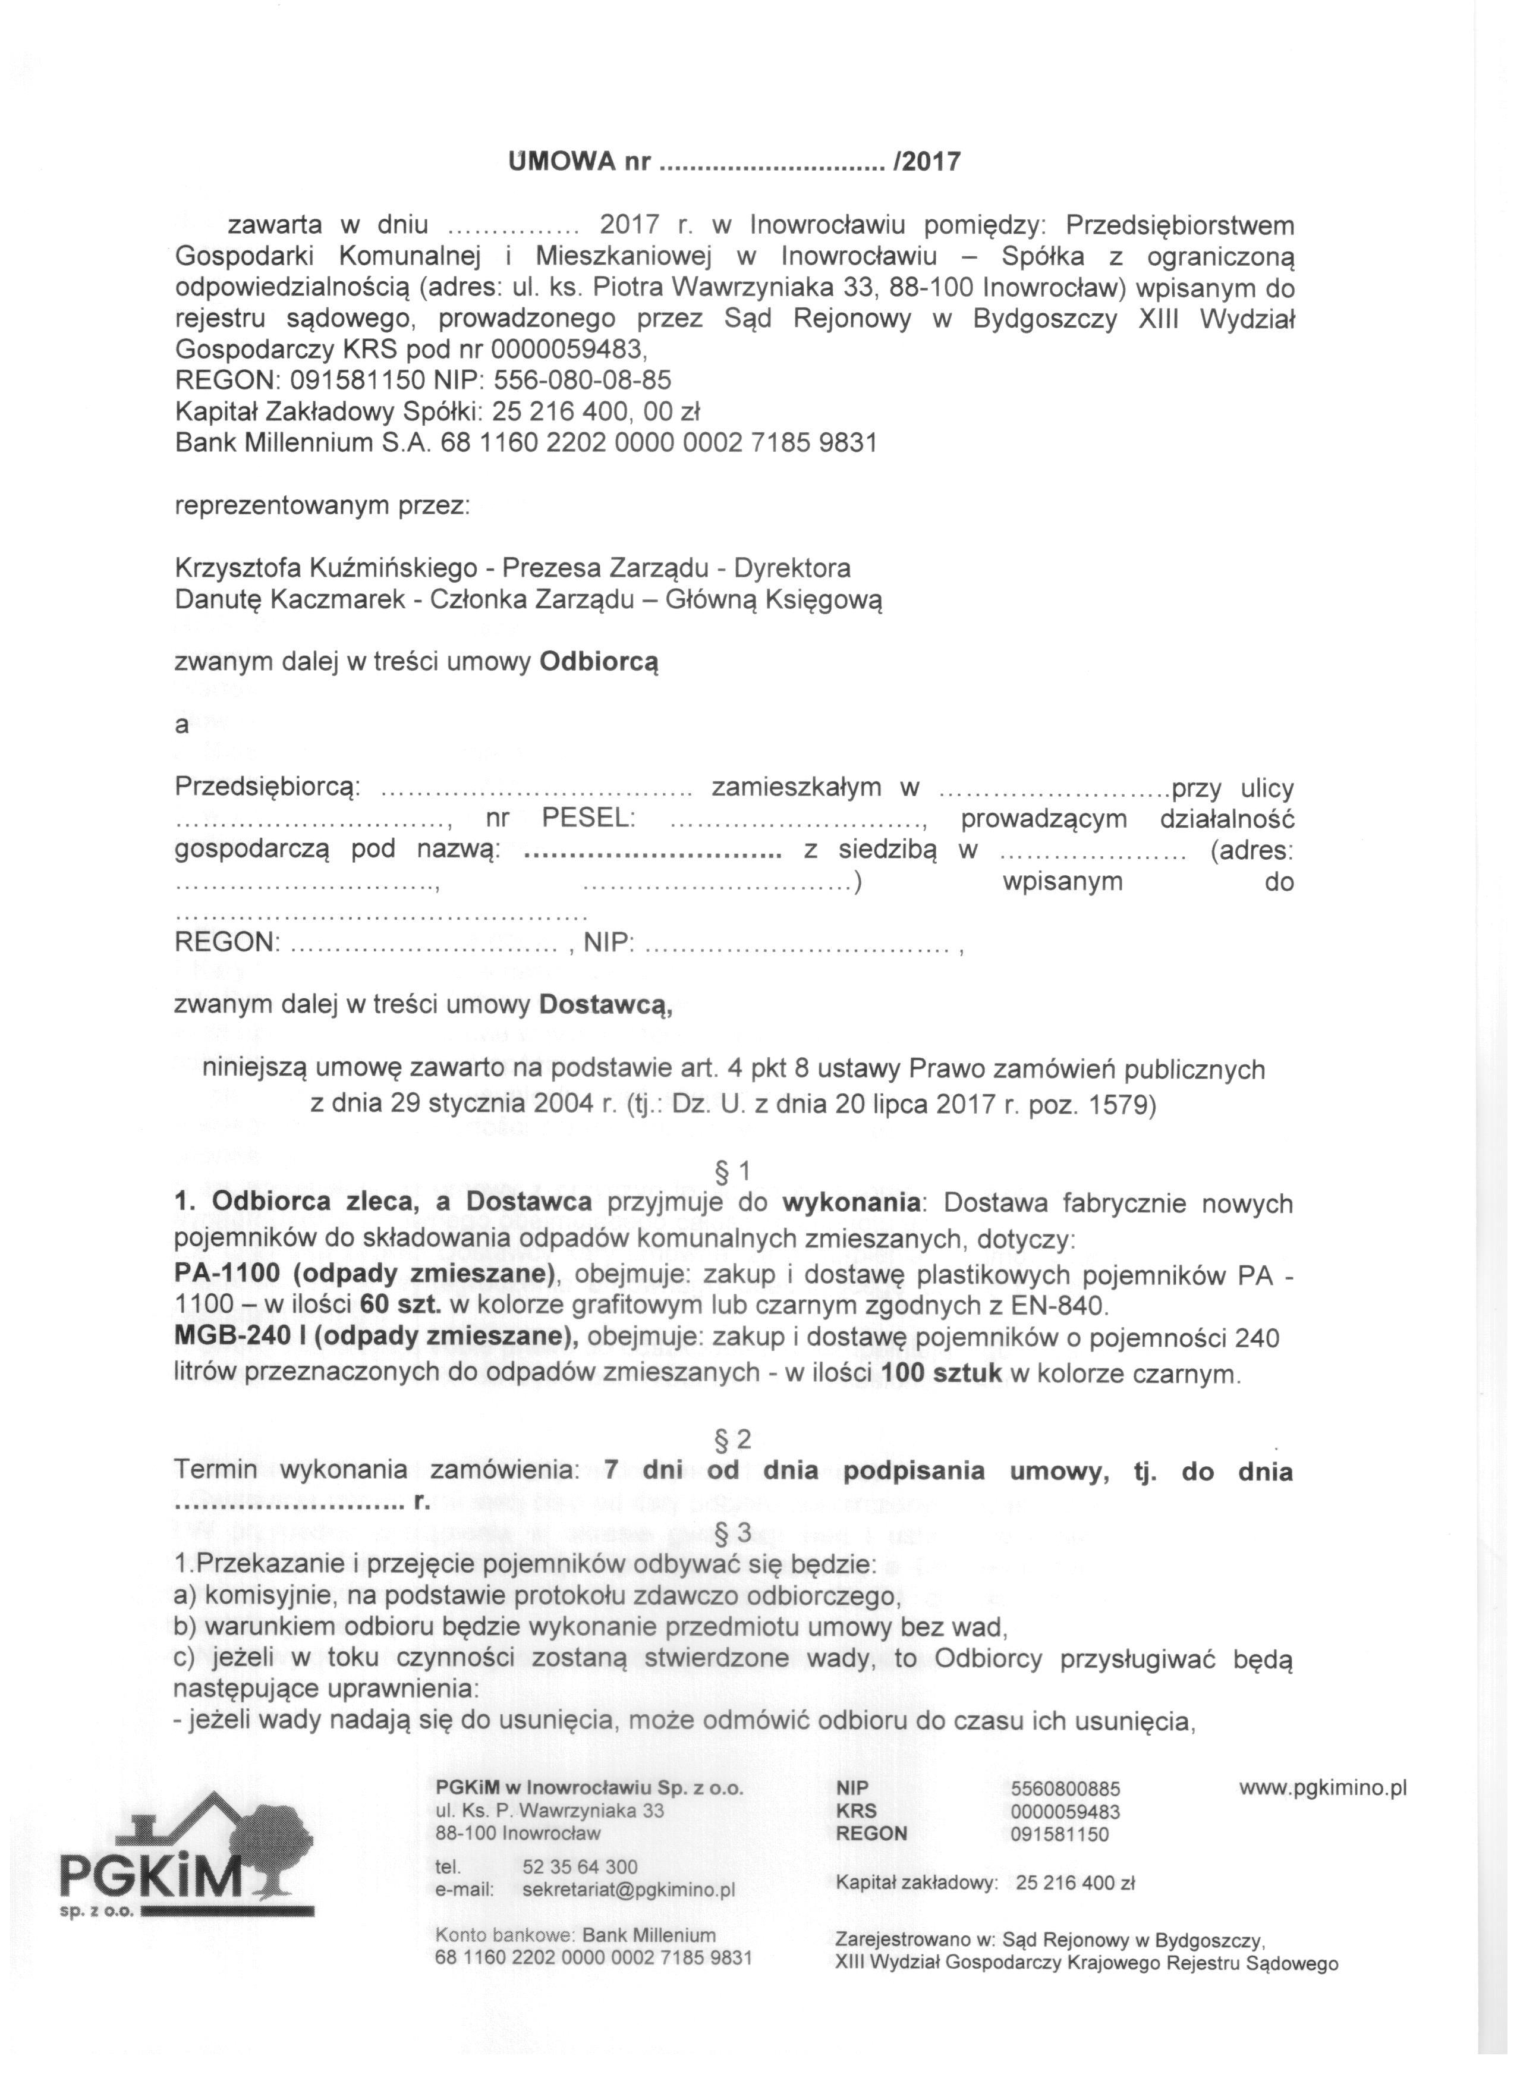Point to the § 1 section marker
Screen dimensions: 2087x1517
click(x=733, y=1171)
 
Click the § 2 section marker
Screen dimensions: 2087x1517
click(x=733, y=1439)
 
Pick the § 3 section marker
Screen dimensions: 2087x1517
click(x=733, y=1532)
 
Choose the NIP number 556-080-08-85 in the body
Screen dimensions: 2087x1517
click(x=583, y=380)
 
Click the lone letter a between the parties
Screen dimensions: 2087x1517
click(x=181, y=725)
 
